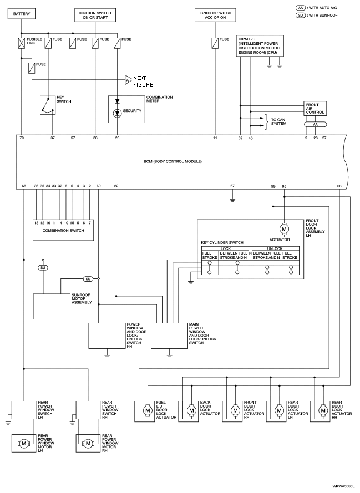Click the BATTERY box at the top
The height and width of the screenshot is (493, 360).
tap(22, 14)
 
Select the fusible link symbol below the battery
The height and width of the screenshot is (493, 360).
tap(22, 43)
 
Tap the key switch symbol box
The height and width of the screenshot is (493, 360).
tap(48, 105)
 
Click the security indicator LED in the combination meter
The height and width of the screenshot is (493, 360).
tap(117, 113)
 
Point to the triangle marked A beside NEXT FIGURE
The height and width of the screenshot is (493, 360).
tap(128, 80)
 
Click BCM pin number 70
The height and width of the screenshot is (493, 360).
tap(22, 138)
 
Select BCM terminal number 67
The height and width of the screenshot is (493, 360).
tap(232, 186)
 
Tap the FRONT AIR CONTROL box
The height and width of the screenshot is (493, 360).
tap(316, 109)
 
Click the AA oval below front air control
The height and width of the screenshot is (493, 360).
tap(316, 125)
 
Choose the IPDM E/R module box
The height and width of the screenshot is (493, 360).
tap(260, 46)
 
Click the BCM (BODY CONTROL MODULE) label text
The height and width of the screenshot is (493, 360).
tap(173, 161)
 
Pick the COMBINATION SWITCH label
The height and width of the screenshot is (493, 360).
tap(63, 231)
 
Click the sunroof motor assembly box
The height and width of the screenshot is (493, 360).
tap(52, 307)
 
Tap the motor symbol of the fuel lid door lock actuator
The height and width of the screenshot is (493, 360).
tap(147, 410)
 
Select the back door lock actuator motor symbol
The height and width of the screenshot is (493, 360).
tap(191, 410)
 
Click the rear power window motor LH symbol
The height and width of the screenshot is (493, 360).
tap(24, 444)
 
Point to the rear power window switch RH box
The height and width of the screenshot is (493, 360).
tap(88, 410)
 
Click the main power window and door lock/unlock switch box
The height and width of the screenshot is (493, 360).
tap(170, 336)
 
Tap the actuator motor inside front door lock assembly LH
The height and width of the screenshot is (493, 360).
tap(284, 229)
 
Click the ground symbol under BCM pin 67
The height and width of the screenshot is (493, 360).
tap(232, 199)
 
